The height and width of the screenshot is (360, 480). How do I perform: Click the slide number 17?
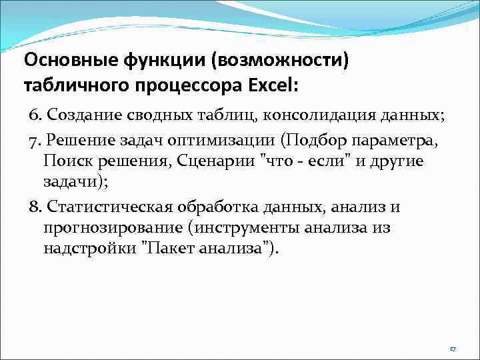coord(452,349)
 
